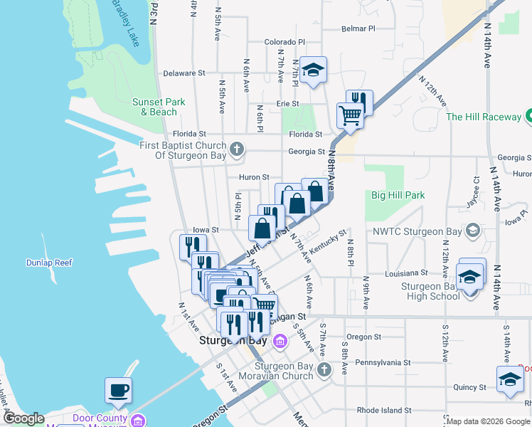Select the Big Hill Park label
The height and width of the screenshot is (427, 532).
coord(398,195)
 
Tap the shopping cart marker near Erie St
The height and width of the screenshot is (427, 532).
coord(350,115)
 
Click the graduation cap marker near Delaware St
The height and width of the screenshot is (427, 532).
coord(312,70)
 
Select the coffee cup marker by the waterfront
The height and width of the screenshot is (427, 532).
coord(119,390)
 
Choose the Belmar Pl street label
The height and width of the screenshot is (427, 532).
coord(358,29)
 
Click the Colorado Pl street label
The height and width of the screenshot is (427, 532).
coord(284,43)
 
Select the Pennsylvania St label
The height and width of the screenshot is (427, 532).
coord(378,362)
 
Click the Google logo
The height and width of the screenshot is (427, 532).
coord(23,418)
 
